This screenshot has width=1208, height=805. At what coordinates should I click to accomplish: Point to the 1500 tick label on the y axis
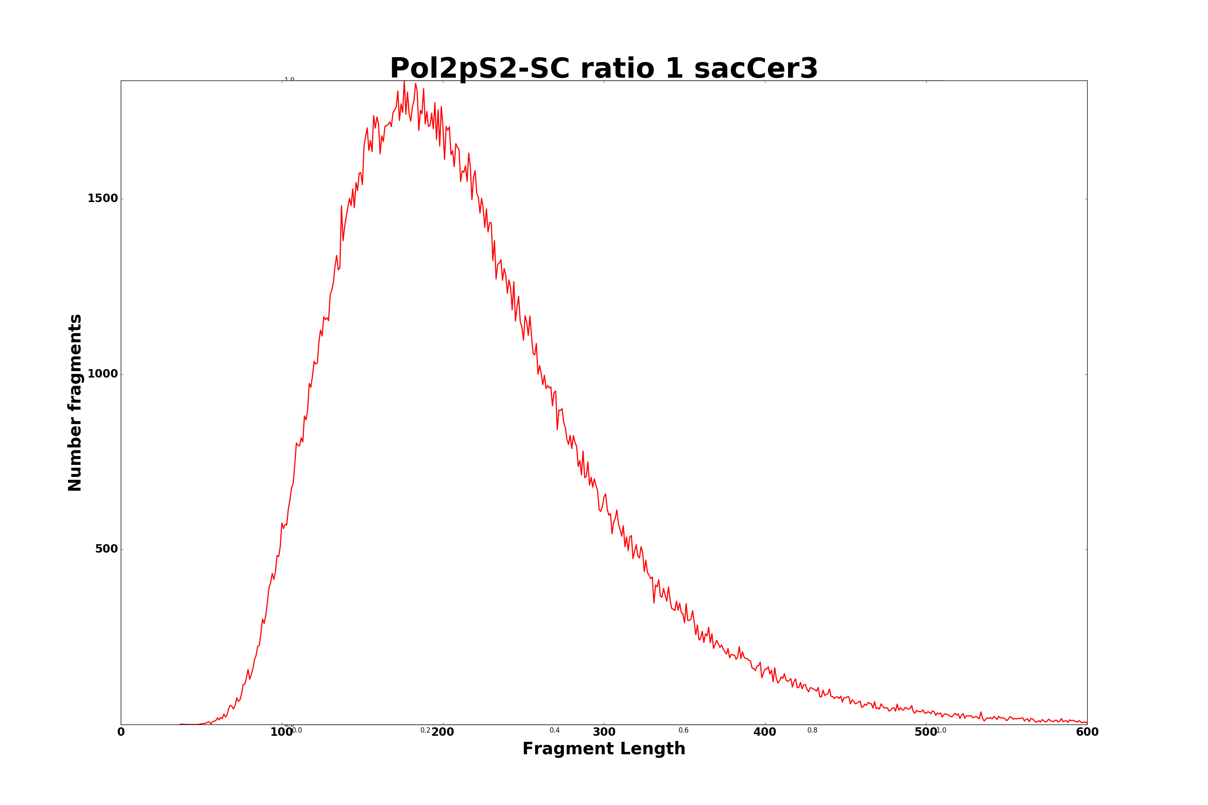pyautogui.click(x=103, y=199)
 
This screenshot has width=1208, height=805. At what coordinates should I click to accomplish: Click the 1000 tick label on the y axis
pyautogui.click(x=103, y=374)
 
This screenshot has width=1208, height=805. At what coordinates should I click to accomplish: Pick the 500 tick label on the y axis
pyautogui.click(x=106, y=549)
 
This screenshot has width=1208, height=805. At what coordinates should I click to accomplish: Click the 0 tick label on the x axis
pyautogui.click(x=121, y=733)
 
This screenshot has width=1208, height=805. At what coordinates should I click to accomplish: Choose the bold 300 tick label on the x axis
pyautogui.click(x=604, y=733)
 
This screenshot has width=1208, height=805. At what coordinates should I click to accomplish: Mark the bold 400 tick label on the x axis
pyautogui.click(x=765, y=733)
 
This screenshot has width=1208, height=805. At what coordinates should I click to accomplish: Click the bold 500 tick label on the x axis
pyautogui.click(x=925, y=733)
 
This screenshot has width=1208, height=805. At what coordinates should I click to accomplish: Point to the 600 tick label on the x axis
pyautogui.click(x=1087, y=733)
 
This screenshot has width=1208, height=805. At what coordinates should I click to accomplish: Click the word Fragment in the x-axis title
pyautogui.click(x=566, y=749)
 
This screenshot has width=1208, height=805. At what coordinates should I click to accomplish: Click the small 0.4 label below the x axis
pyautogui.click(x=555, y=731)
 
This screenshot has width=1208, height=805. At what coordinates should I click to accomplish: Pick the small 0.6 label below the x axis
pyautogui.click(x=684, y=731)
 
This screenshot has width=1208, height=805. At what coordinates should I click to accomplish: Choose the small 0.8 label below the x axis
pyautogui.click(x=813, y=731)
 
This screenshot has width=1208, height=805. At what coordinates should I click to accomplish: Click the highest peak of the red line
pyautogui.click(x=404, y=82)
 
